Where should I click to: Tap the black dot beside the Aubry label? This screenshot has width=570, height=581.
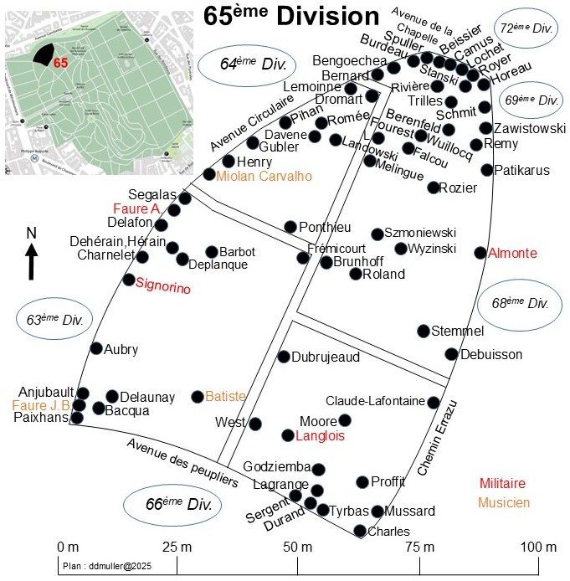(96, 349)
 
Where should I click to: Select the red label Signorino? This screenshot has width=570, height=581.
(163, 289)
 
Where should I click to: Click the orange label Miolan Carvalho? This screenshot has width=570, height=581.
(264, 176)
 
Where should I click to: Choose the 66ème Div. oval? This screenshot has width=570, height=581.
(173, 505)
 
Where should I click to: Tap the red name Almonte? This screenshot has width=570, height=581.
(512, 253)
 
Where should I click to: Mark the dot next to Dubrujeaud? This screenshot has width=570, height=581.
(284, 357)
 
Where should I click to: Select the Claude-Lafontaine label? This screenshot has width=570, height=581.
(375, 402)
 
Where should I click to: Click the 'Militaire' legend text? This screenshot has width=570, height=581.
(502, 483)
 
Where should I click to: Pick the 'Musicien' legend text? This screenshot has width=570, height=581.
(504, 502)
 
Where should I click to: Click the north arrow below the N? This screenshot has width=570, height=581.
(31, 261)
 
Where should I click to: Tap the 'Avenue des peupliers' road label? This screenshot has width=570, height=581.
(182, 462)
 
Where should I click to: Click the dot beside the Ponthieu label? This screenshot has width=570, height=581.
(290, 227)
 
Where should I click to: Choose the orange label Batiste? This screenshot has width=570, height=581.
(225, 396)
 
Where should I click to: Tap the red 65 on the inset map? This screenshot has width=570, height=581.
(59, 63)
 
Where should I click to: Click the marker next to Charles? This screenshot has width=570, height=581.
(360, 531)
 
